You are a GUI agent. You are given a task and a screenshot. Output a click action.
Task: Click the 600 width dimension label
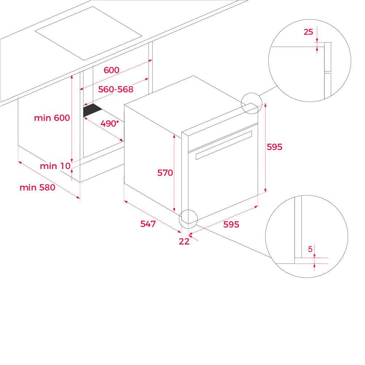click(111, 70)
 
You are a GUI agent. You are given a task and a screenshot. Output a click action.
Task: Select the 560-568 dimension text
click(116, 89)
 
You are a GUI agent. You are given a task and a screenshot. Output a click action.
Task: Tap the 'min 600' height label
click(52, 118)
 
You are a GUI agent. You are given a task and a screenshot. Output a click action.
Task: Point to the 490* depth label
click(109, 123)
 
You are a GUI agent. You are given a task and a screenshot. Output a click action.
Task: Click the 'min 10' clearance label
click(55, 166)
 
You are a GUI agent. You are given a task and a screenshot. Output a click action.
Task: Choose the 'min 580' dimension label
click(37, 187)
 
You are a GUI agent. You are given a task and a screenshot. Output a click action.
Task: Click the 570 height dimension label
click(165, 173)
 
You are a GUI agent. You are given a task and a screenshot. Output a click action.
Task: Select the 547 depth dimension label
click(148, 224)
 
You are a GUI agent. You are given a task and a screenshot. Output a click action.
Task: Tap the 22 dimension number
click(184, 241)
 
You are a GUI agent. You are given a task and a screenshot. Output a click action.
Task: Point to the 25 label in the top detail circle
click(308, 32)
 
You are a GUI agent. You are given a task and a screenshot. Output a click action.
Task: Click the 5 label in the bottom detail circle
click(310, 249)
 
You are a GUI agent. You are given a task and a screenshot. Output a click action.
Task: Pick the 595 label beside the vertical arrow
click(274, 147)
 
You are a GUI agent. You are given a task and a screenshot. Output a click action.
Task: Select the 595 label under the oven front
click(231, 224)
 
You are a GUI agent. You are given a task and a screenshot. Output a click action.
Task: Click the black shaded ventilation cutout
click(92, 110)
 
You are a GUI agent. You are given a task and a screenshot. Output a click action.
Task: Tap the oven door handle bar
click(224, 145)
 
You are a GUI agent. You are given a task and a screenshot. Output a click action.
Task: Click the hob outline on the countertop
click(88, 34)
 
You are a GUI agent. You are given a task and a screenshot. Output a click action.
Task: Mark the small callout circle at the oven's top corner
click(251, 93)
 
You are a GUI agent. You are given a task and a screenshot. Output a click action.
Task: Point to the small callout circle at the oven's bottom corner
click(188, 210)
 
